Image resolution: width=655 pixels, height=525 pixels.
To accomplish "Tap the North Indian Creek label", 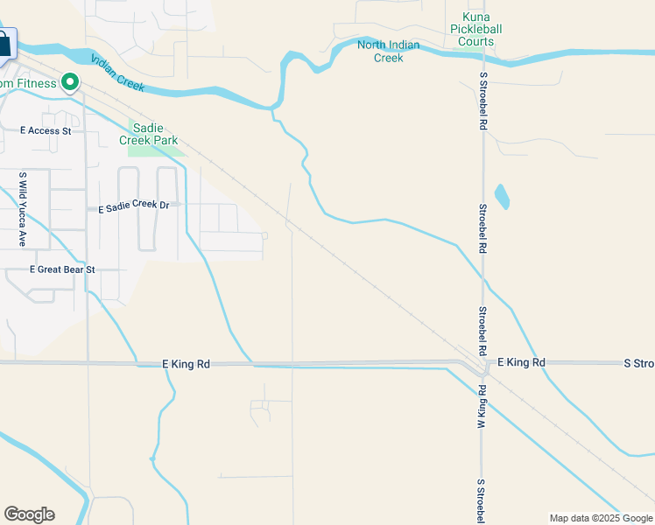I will (x=388, y=52).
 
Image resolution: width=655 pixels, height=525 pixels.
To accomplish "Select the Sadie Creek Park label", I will (x=153, y=134).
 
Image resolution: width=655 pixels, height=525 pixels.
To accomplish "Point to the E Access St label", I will (x=46, y=131).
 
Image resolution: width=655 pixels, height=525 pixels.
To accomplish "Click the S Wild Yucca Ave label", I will (x=23, y=208).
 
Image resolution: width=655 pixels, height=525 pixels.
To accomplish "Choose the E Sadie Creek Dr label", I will (x=133, y=207).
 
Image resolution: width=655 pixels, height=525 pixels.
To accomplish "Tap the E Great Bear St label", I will (x=62, y=270).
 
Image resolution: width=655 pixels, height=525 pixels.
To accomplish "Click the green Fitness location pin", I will (x=69, y=84).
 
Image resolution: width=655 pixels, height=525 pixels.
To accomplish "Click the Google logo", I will (x=29, y=514).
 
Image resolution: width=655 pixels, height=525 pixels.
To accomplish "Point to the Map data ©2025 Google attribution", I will (x=602, y=518).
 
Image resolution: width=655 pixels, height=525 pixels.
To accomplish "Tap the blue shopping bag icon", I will (x=4, y=44).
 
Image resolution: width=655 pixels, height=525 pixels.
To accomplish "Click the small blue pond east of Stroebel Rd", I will (x=502, y=196).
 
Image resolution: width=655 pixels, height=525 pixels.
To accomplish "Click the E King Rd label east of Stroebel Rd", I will (x=521, y=362).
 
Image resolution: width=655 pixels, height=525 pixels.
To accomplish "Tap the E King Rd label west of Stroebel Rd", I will (x=187, y=363).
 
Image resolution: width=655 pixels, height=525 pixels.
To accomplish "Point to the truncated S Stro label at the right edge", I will (x=638, y=362).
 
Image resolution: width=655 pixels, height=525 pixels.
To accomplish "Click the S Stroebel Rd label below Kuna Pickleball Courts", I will (x=482, y=101).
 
